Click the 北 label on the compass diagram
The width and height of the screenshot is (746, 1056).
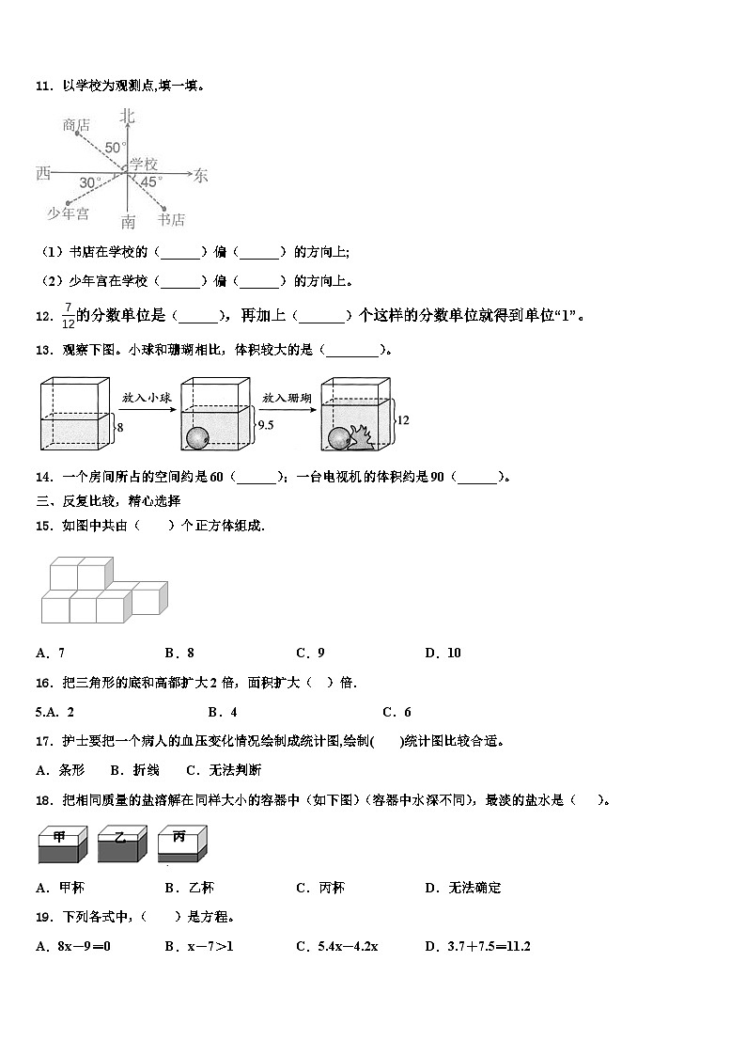pos(128,117)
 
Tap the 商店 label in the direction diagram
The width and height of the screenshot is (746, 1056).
pos(76,124)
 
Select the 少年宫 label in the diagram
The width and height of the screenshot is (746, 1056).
pos(68,214)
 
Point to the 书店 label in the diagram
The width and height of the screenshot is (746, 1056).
pos(171,220)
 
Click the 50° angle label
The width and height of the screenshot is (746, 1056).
pos(115,148)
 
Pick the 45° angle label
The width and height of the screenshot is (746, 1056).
pos(151,181)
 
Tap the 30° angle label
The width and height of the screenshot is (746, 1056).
pos(90,182)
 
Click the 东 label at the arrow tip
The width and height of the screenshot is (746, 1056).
pos(200,175)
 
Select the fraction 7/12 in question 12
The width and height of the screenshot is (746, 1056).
pos(68,316)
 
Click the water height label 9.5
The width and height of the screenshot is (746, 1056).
pos(265,425)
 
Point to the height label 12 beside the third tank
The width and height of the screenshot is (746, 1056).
pos(402,420)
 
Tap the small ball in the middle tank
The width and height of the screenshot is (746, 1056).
pos(196,438)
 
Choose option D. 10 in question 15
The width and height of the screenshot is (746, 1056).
pos(443,653)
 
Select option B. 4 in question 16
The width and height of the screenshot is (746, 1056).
pos(223,712)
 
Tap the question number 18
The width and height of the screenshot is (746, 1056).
pos(42,800)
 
